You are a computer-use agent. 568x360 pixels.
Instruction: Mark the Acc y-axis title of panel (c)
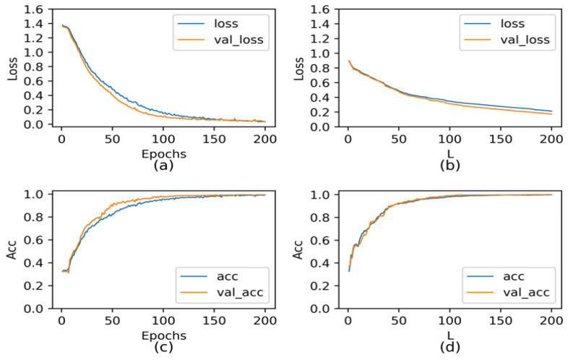coord(12,249)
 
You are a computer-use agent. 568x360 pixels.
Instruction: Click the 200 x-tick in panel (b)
coord(551,138)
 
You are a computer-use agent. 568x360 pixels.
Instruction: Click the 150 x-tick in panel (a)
coord(214,138)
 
